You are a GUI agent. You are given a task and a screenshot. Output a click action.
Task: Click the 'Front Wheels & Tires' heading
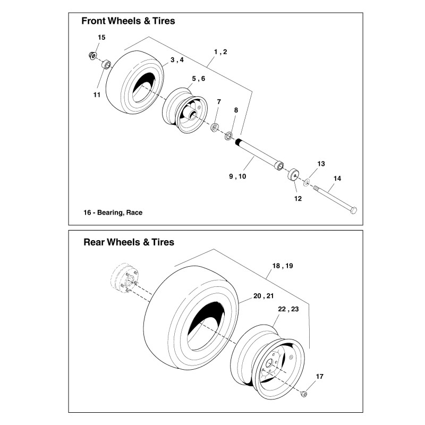click(127, 22)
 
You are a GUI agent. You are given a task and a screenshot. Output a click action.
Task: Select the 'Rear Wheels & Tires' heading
click(129, 242)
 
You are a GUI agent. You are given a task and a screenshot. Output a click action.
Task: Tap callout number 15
click(102, 37)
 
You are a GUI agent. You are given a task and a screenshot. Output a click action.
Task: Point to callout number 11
click(96, 95)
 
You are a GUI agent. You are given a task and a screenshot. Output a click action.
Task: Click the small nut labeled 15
click(92, 55)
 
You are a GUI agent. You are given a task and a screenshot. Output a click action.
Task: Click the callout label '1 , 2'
click(220, 52)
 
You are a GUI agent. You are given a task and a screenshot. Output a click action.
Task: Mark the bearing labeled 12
click(294, 175)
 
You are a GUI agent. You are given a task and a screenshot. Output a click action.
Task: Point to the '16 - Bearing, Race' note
click(113, 212)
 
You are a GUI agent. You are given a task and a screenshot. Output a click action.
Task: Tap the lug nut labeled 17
click(303, 394)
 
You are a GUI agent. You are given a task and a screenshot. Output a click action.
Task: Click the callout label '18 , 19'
click(282, 266)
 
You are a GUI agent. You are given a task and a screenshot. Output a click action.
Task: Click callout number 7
click(218, 101)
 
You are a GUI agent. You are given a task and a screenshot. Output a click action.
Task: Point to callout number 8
click(236, 110)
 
